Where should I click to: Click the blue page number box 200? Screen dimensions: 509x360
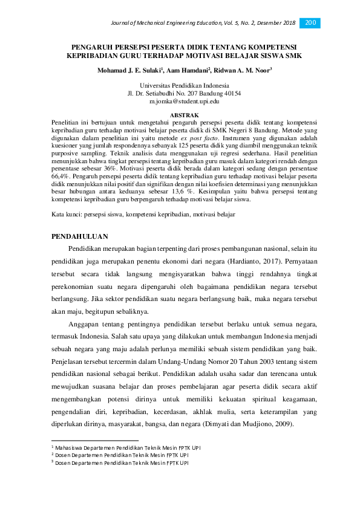[310, 23]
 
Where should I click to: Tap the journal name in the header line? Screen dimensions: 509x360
[181, 23]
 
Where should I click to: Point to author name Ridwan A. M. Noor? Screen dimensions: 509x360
[244, 70]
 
